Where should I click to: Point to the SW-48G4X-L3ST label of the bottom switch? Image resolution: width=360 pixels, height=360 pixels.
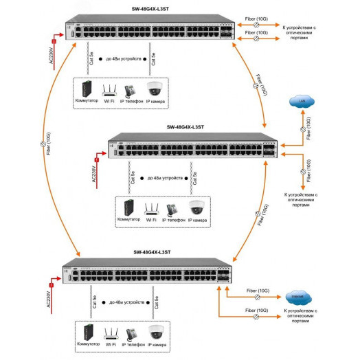click(x=137, y=252)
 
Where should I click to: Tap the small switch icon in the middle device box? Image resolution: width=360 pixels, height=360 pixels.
click(x=128, y=206)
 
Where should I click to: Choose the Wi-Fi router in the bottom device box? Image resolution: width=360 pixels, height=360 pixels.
click(x=110, y=335)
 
